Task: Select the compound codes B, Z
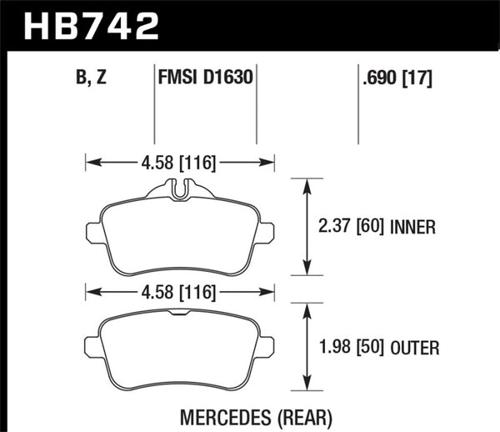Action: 90,80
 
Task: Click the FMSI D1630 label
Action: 205,80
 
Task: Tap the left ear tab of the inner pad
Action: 93,230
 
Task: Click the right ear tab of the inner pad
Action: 267,230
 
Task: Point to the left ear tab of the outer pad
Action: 93,344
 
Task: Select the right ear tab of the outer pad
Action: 267,344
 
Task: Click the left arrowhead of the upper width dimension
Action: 90,162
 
